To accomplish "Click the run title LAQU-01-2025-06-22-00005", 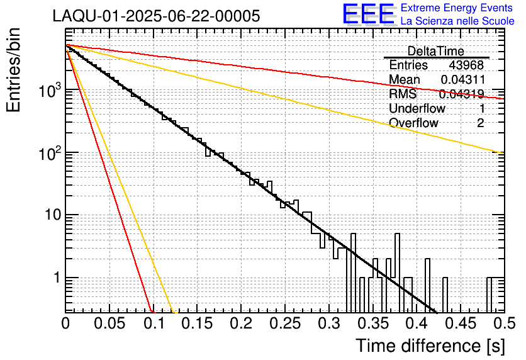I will pos(156,16).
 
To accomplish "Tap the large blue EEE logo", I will pos(368,14).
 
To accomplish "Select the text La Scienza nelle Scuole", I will pos(457,21).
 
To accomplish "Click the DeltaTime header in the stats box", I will pos(436,51).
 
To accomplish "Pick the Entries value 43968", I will pos(466,65).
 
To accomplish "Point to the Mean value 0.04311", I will pos(462,80).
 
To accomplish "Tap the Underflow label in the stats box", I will pos(417,109).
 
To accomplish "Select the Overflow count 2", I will pos(480,123).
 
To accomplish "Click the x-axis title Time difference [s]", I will pos(429,346).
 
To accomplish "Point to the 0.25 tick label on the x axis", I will pos(285,324).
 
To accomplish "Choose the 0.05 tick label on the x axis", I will pos(109,324).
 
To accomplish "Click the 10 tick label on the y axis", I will pos(51,215).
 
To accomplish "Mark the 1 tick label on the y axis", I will pos(55,278).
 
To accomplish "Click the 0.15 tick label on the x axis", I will pos(197,324).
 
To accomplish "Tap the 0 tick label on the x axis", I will pos(65,324).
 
